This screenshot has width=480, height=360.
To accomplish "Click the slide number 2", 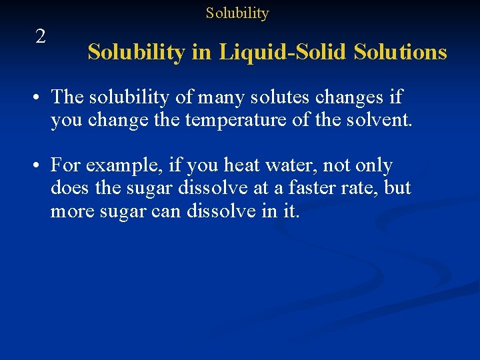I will tap(41, 36).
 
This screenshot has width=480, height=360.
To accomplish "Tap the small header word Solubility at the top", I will tap(237, 13).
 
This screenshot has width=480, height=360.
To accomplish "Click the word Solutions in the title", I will tap(401, 51).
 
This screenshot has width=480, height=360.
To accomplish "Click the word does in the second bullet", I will tap(70, 188).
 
